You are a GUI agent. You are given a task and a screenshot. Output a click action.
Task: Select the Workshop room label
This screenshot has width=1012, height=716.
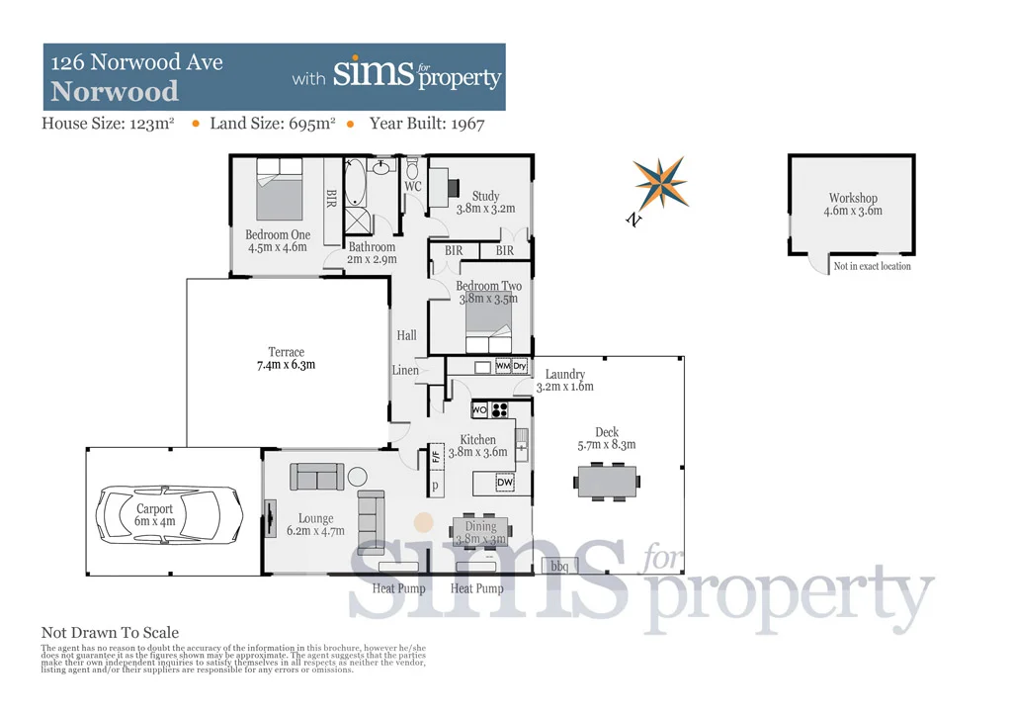pos(853,199)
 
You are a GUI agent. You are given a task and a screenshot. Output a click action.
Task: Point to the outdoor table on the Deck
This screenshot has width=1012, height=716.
pos(607,483)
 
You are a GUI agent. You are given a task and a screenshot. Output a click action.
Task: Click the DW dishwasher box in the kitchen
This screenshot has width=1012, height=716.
pos(504,482)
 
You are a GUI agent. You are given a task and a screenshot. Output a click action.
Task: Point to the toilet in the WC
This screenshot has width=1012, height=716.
pos(412,167)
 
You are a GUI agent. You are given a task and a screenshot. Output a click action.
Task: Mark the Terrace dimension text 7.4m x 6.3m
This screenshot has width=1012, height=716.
pos(286,365)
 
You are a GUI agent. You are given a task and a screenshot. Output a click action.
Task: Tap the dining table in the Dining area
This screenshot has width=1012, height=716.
pos(480,531)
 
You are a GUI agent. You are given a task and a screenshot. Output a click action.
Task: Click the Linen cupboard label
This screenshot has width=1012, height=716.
pos(405,371)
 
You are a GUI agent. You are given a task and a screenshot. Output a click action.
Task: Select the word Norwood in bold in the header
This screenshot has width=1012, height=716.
pos(115,92)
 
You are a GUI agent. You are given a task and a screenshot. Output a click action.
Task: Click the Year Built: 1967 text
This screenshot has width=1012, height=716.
pos(426,124)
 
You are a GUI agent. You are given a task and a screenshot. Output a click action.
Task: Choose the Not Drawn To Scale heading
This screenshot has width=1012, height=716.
pos(110,633)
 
